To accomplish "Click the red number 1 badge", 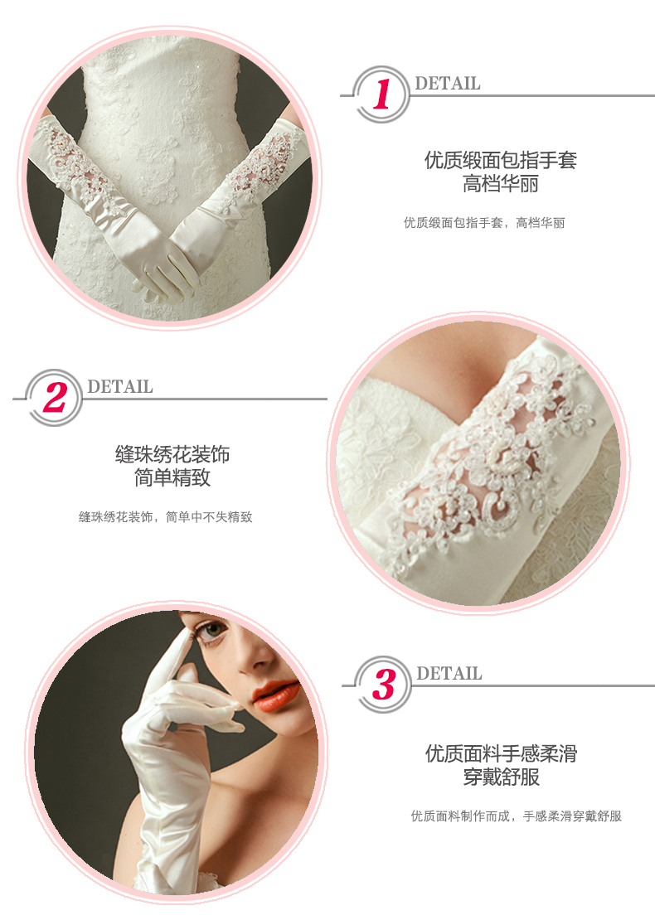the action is pyautogui.click(x=381, y=94).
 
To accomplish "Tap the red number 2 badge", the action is pyautogui.click(x=54, y=397).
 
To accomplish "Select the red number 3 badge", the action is pyautogui.click(x=384, y=684).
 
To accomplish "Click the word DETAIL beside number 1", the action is pyautogui.click(x=447, y=84).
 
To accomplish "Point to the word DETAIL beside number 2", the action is pyautogui.click(x=120, y=386).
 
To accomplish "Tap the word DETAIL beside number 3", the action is pyautogui.click(x=449, y=674).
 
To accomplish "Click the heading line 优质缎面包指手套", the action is pyautogui.click(x=500, y=160).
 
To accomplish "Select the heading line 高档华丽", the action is pyautogui.click(x=500, y=184).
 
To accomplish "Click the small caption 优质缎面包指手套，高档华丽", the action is pyautogui.click(x=484, y=222).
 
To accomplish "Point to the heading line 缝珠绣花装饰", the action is pyautogui.click(x=172, y=454).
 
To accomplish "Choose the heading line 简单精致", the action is pyautogui.click(x=172, y=478).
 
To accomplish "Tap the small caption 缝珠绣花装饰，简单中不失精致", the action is pyautogui.click(x=165, y=516).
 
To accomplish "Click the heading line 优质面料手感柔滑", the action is pyautogui.click(x=501, y=753).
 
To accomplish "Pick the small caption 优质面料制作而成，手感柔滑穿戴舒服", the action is pyautogui.click(x=516, y=816).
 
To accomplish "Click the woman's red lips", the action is pyautogui.click(x=274, y=695).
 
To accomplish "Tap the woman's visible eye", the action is pyautogui.click(x=213, y=630).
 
